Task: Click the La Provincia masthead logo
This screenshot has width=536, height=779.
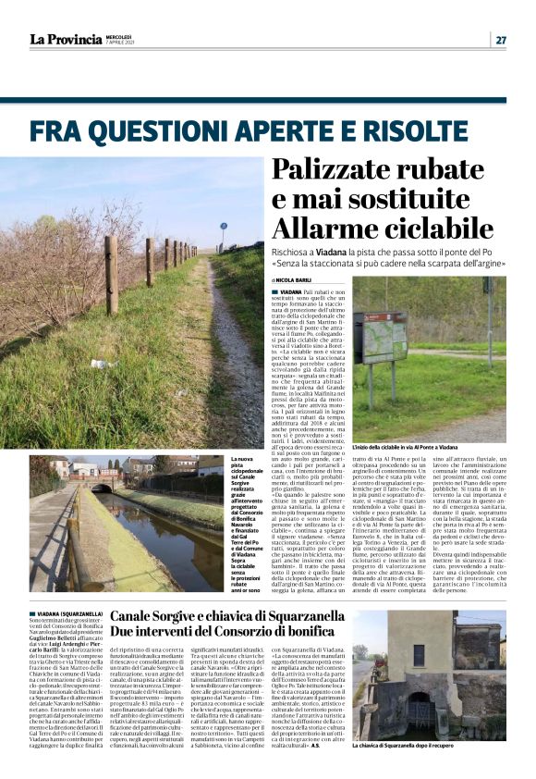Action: click(x=65, y=39)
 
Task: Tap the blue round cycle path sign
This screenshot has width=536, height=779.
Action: click(x=223, y=225)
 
